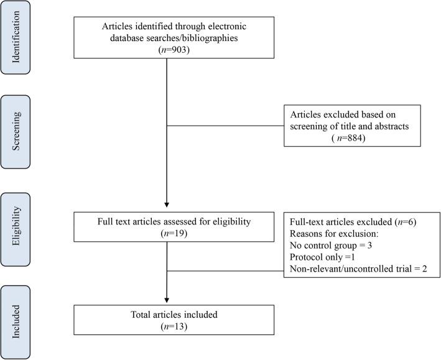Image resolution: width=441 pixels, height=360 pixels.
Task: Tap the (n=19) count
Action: [x=167, y=234]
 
